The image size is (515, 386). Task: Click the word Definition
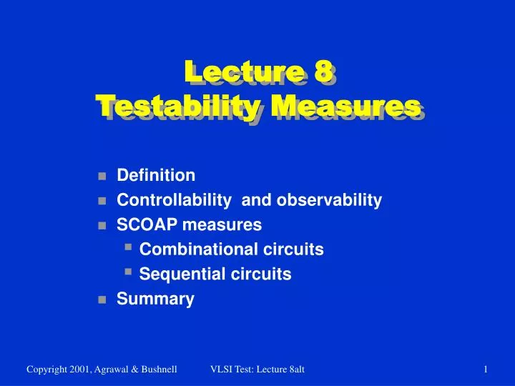click(156, 175)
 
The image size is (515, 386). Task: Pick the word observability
click(333, 200)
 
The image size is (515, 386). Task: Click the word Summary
click(155, 299)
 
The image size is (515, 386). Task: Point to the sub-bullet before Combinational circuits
click(127, 247)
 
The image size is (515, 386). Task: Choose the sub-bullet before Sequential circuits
click(127, 272)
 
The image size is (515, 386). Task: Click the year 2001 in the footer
click(77, 369)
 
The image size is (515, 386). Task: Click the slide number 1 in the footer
click(486, 369)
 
